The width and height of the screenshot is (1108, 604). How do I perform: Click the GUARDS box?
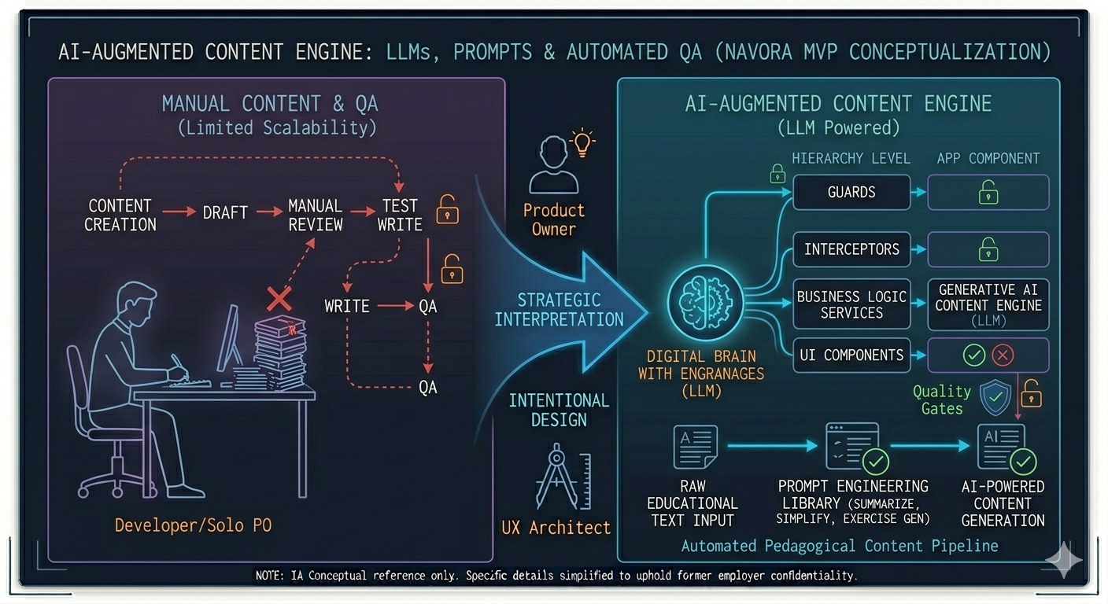coord(851,192)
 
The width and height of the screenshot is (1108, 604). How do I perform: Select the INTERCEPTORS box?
coord(851,249)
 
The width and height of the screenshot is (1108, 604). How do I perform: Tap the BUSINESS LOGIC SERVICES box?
coord(851,304)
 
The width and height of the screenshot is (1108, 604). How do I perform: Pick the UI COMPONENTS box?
coord(851,355)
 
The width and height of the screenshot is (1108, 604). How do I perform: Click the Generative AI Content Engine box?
coord(988,305)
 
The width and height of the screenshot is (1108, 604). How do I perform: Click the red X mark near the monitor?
coord(279,299)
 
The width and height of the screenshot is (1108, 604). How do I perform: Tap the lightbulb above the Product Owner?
coord(583,142)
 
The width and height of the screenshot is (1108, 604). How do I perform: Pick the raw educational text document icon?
coord(695,447)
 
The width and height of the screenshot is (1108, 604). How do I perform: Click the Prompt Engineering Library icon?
coord(853,447)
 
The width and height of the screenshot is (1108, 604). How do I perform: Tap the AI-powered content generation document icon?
coord(1002,447)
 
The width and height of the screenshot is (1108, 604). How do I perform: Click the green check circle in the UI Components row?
coord(974,355)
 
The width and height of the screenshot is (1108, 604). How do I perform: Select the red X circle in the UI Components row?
coord(1003,355)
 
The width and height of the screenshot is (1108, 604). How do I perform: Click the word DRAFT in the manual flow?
coord(225,212)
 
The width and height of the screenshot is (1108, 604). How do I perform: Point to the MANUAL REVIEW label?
coord(315,215)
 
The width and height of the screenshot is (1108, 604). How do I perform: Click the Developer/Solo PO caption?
coord(193,525)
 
